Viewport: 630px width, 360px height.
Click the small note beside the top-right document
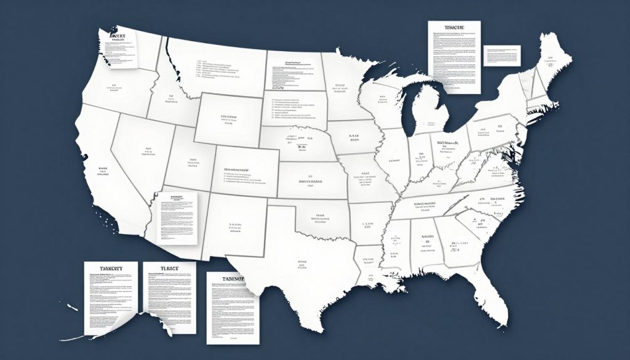(502, 55)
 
